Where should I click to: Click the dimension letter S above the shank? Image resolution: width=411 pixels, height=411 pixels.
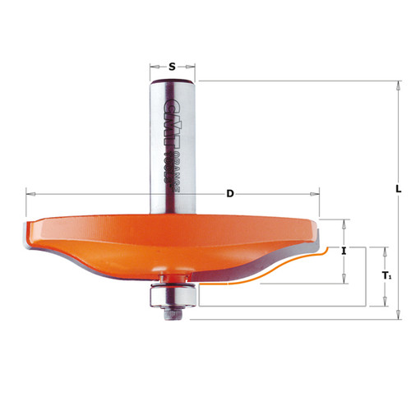pyautogui.click(x=173, y=67)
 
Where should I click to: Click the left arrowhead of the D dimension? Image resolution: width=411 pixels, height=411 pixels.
pyautogui.click(x=29, y=194)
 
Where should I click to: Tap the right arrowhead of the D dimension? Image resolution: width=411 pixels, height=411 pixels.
pyautogui.click(x=317, y=194)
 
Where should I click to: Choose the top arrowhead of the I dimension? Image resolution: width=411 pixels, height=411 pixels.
pyautogui.click(x=344, y=222)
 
